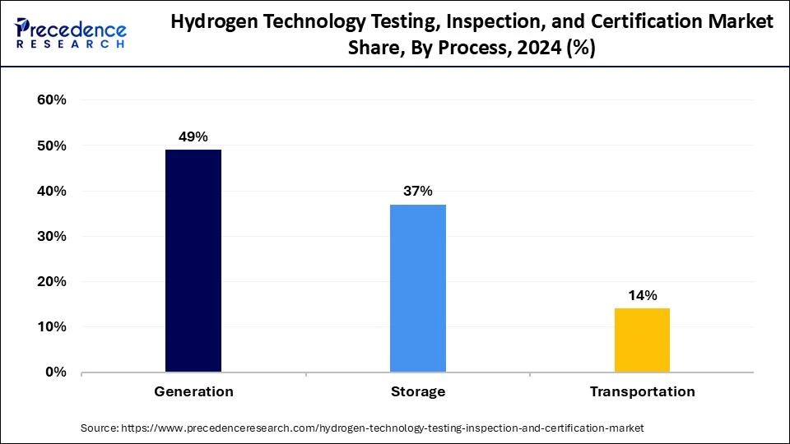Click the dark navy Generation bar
click(193, 261)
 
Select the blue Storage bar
click(418, 288)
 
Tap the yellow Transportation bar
click(642, 340)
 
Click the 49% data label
click(193, 137)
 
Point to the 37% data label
click(418, 192)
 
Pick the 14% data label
click(642, 295)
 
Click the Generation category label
click(193, 392)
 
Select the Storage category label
click(418, 392)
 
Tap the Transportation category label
click(642, 392)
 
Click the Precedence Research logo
click(71, 33)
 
